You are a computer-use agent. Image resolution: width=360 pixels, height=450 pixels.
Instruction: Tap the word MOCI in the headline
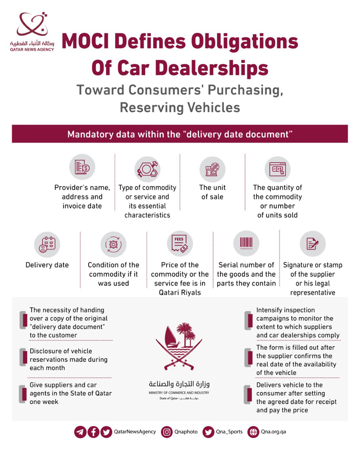(86, 42)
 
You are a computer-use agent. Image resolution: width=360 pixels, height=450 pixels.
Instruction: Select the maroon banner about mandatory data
(180, 134)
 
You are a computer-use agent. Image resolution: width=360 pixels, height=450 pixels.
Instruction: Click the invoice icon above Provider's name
(82, 167)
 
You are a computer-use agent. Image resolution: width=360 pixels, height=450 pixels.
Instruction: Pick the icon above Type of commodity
(147, 169)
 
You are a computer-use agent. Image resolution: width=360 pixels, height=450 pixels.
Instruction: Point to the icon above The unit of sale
(212, 169)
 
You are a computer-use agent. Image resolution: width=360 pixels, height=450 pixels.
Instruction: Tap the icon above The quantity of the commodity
(277, 169)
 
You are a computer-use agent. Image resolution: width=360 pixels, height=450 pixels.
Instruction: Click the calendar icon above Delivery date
(47, 244)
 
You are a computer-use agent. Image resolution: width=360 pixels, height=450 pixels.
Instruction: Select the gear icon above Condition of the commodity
(113, 244)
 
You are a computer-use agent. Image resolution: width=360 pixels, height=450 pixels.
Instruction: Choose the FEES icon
(180, 244)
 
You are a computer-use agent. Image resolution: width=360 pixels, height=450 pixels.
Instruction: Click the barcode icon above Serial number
(246, 243)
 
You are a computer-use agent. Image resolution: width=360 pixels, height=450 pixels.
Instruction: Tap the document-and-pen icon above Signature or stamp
(312, 244)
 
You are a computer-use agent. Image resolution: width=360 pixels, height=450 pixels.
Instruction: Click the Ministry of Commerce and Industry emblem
(179, 347)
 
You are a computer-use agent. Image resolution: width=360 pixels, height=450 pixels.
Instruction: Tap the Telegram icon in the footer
(80, 432)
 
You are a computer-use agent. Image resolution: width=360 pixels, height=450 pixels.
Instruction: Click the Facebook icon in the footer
(93, 432)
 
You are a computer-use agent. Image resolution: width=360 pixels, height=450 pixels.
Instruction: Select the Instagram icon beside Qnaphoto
(167, 432)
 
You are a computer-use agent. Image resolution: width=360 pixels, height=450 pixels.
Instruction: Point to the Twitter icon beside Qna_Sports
(208, 432)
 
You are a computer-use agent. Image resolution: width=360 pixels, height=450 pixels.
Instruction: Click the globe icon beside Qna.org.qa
(253, 432)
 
